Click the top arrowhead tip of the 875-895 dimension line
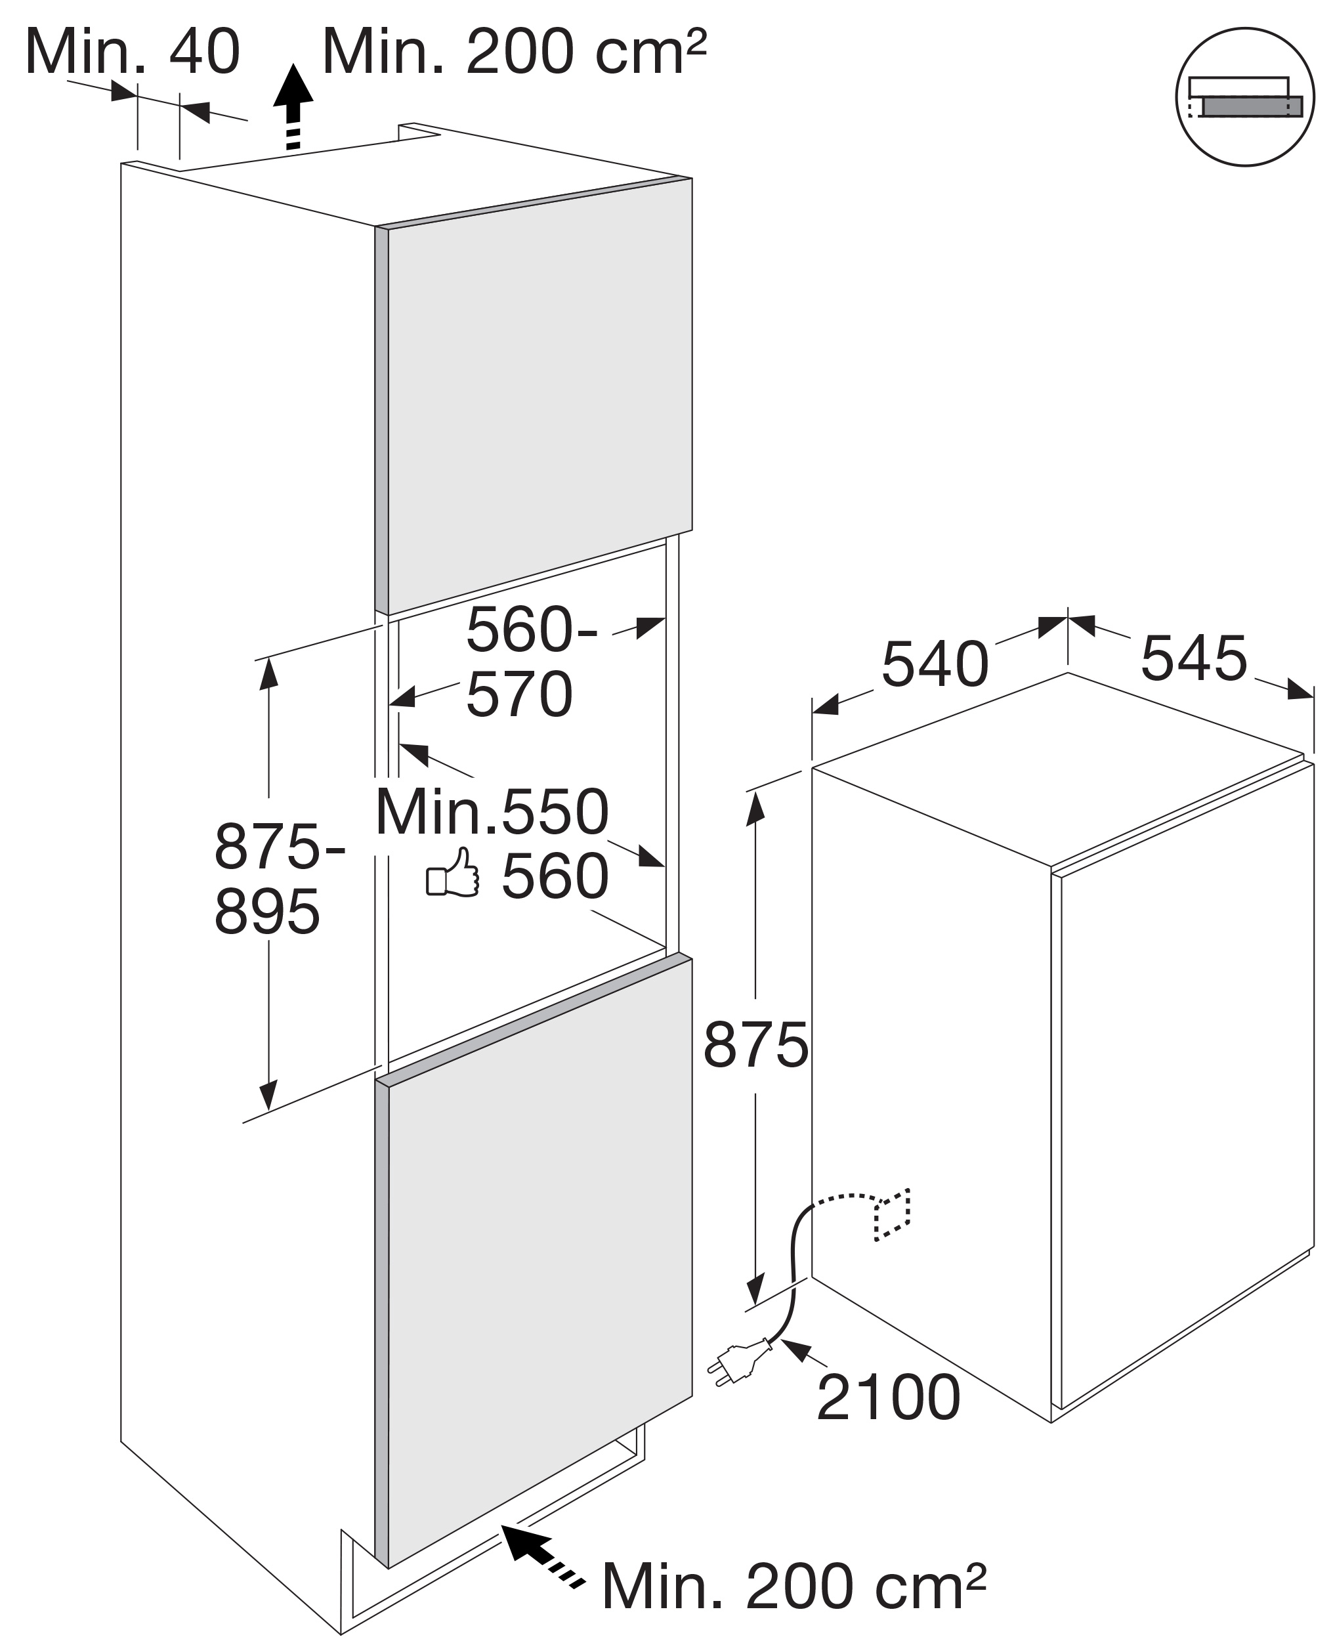pyautogui.click(x=268, y=659)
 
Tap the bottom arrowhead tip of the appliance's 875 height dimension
pyautogui.click(x=755, y=1304)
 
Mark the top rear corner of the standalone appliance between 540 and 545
pyautogui.click(x=1067, y=673)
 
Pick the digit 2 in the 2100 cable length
pyautogui.click(x=836, y=1398)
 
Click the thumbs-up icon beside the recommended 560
pyautogui.click(x=453, y=872)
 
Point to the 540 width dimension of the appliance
pyautogui.click(x=935, y=664)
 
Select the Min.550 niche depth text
pyautogui.click(x=492, y=813)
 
